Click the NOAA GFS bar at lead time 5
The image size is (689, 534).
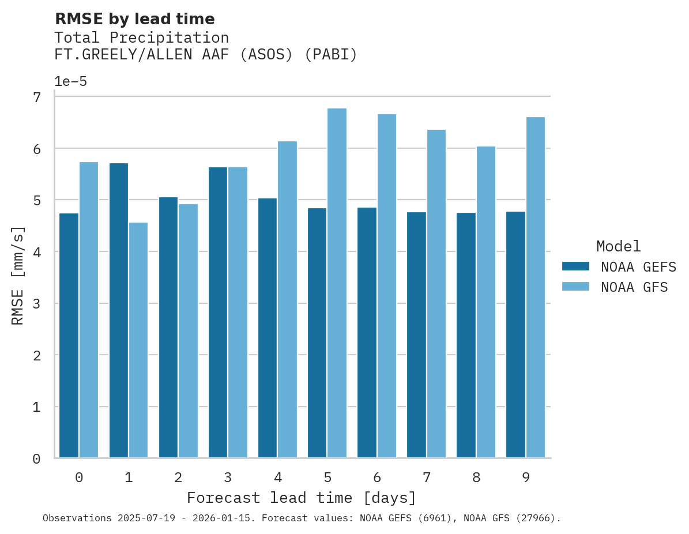(x=337, y=283)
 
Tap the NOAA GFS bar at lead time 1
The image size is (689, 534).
(x=138, y=340)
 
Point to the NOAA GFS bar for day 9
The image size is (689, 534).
(x=535, y=288)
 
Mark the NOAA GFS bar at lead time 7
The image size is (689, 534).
(x=436, y=294)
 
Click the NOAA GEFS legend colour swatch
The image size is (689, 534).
(x=575, y=266)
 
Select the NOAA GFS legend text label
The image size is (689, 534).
(x=634, y=287)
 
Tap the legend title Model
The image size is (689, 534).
(x=618, y=247)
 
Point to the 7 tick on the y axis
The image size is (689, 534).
(x=37, y=97)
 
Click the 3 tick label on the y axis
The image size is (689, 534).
(x=37, y=304)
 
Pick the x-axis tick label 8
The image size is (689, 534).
(x=476, y=477)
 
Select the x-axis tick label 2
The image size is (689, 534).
(x=178, y=477)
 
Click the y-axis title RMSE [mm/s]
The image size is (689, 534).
(x=18, y=276)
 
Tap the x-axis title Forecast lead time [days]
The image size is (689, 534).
(x=302, y=498)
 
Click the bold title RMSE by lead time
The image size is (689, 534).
(x=135, y=19)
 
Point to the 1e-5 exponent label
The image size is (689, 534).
(x=70, y=82)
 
